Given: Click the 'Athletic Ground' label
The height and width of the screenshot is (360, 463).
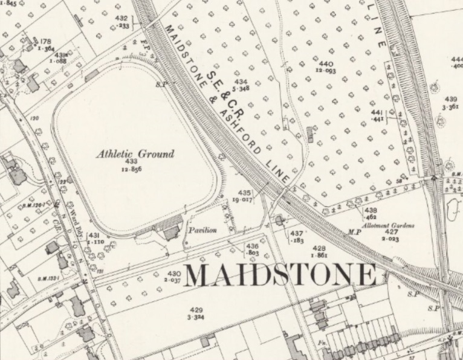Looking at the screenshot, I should click(135, 154).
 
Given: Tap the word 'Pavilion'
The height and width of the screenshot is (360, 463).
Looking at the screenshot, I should click(201, 230).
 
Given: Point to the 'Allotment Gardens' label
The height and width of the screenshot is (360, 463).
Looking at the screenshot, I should click(392, 225).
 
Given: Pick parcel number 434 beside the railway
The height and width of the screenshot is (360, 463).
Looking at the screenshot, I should click(242, 81).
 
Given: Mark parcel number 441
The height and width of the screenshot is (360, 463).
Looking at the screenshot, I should click(377, 113).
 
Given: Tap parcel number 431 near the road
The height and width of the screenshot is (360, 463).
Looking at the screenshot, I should click(94, 235).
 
